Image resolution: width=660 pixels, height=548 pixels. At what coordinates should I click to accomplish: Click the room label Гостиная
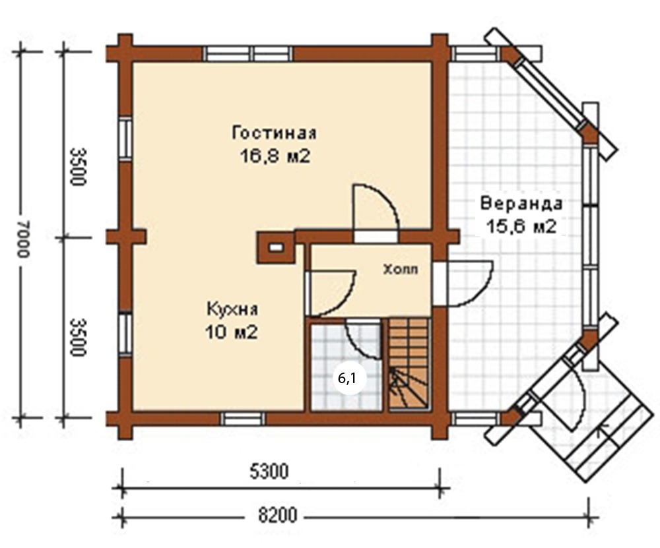click(274, 133)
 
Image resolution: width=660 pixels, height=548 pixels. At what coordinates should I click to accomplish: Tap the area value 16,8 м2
click(275, 156)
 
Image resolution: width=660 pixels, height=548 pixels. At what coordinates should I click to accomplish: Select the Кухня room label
click(232, 309)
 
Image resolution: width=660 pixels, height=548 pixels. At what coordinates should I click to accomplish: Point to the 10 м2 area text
click(231, 332)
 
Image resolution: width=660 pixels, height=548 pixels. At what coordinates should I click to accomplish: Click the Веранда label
click(521, 204)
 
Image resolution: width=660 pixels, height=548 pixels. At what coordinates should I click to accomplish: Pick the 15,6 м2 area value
click(521, 227)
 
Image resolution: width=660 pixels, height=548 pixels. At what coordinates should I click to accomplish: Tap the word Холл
click(401, 269)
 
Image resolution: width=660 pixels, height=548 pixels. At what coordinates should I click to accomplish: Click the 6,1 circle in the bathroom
click(347, 379)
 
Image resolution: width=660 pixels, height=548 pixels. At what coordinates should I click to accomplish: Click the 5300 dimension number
click(269, 472)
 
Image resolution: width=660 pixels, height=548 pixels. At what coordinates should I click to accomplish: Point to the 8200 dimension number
click(277, 516)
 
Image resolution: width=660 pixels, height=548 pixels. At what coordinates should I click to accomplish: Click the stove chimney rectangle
click(276, 248)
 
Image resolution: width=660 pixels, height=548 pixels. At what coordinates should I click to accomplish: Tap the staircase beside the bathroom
click(409, 363)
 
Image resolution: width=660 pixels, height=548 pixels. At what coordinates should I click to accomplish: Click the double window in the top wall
click(248, 54)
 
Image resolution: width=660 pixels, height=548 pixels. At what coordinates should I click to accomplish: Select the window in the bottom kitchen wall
click(243, 419)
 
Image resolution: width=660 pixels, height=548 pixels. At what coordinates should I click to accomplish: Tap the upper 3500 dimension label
click(79, 167)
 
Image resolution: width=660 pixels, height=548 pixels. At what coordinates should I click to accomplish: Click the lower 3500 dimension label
click(79, 337)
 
